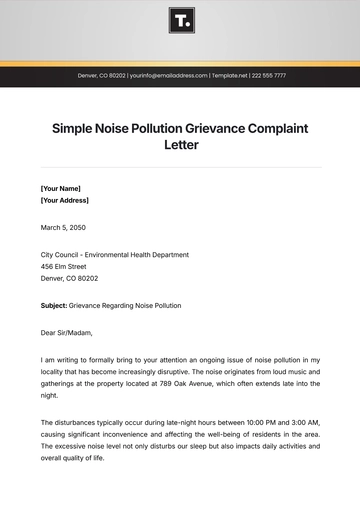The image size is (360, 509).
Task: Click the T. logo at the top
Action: [x=180, y=21]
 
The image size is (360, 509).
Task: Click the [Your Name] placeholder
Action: [x=61, y=188]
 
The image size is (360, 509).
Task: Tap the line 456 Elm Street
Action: [x=64, y=267]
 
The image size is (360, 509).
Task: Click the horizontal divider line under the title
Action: [x=180, y=166]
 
